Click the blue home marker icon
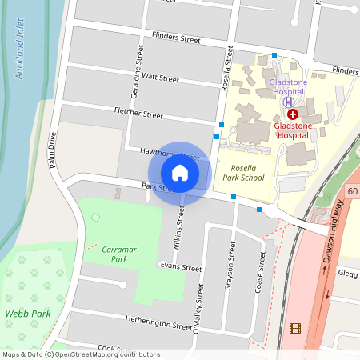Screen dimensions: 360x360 pyautogui.click(x=180, y=172)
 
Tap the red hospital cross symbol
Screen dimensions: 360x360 pyautogui.click(x=292, y=114)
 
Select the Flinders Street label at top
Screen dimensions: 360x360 pyautogui.click(x=175, y=38)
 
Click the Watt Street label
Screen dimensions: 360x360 pyautogui.click(x=160, y=78)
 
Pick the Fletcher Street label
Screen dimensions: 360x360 pyautogui.click(x=138, y=114)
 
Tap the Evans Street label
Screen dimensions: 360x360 pyautogui.click(x=181, y=267)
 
